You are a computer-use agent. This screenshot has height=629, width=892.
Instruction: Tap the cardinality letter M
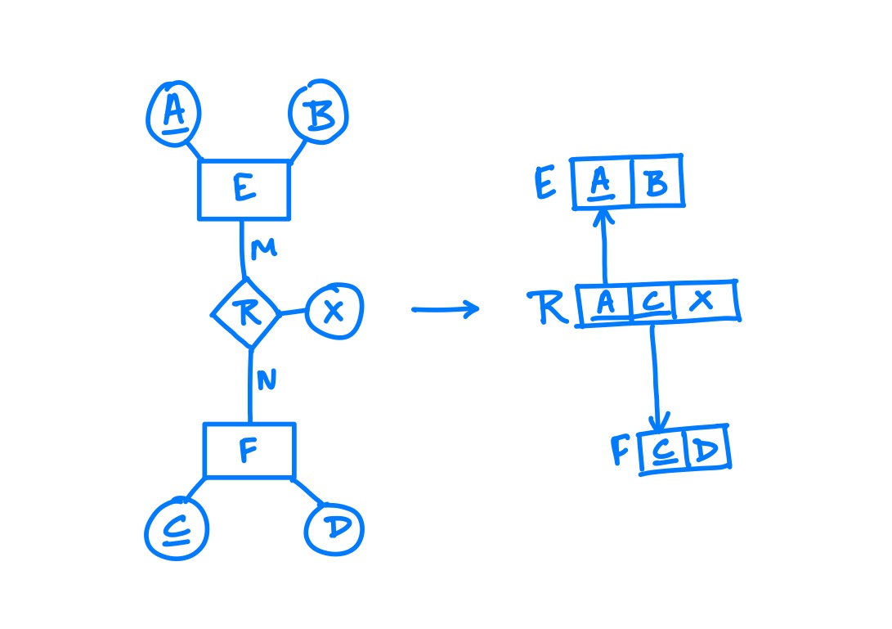(x=263, y=249)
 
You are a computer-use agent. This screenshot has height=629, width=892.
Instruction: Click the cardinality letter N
(x=267, y=380)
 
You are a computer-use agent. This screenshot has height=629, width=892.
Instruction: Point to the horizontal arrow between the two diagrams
(x=446, y=309)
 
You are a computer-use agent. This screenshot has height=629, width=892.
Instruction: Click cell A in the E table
(x=601, y=182)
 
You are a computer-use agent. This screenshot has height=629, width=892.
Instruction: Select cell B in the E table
(x=657, y=181)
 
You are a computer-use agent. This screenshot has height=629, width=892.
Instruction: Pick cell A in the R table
(x=605, y=304)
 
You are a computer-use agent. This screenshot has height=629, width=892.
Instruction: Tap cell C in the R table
(x=652, y=302)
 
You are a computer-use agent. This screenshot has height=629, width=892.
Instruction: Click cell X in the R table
(x=704, y=300)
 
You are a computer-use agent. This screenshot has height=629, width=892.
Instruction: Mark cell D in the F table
(x=708, y=448)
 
